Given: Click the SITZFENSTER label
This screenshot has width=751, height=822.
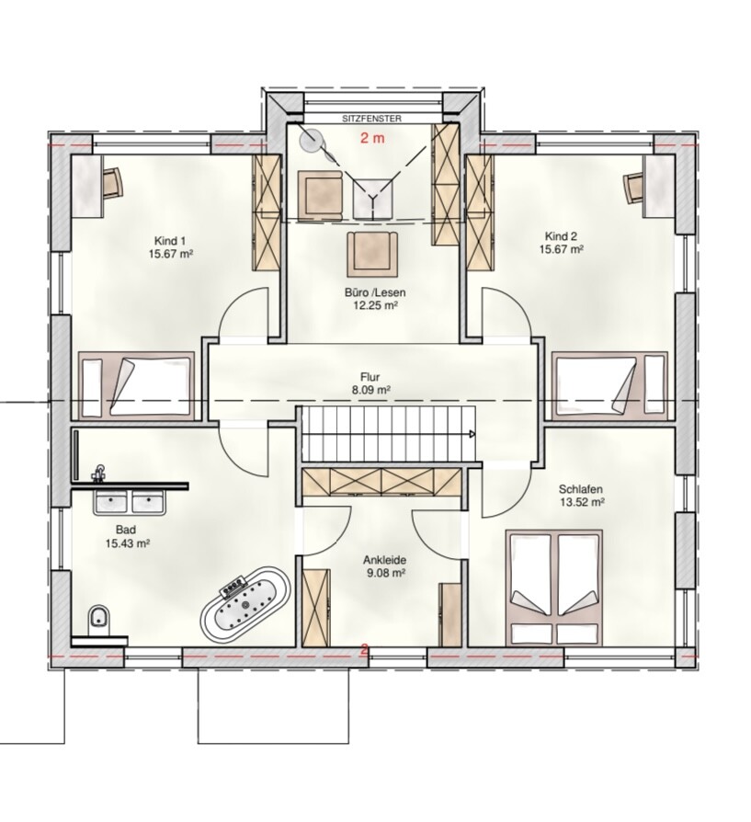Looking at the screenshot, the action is pos(371,119).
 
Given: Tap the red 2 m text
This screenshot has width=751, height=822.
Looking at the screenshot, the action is pos(371,138).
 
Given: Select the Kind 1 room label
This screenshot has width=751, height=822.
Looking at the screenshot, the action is pos(169,241).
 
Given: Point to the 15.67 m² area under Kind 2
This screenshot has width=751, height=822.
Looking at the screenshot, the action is pos(562,248).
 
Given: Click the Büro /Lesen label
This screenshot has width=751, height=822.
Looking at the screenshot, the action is pos(375,292).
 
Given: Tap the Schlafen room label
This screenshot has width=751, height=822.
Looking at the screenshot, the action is pos(580,489).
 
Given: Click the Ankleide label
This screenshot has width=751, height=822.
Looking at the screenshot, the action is pos(384,560).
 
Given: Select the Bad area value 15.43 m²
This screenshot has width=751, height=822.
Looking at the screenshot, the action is pos(128,543).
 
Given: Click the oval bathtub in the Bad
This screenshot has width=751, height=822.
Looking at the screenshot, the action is pos(245,604).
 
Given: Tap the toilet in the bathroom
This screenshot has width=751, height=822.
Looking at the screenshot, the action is pos(99,619).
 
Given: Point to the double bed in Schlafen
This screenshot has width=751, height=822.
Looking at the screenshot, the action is pos(554,588).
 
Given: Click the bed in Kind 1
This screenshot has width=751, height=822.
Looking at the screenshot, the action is pos(136,385).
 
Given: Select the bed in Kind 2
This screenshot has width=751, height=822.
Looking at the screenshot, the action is pos(609,385).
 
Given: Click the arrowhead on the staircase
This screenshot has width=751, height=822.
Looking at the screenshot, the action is pos(472,434).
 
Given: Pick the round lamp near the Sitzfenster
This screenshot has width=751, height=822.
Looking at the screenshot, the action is pos(312,140).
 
